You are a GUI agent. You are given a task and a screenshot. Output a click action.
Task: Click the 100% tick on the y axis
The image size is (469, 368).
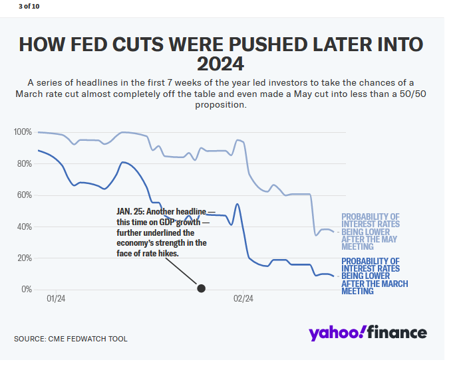pos(23,132)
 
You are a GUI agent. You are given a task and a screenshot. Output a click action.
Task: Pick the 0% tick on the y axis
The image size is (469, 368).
pos(25,290)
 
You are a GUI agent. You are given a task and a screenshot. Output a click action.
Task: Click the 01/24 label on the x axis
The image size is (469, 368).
pos(56,299)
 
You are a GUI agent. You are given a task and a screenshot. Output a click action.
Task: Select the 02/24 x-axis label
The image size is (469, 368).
pos(243,299)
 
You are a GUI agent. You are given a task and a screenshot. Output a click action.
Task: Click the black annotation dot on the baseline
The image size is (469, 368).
pos(201,288)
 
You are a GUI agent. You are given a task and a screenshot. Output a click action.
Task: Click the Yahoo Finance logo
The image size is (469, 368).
pos(367,333)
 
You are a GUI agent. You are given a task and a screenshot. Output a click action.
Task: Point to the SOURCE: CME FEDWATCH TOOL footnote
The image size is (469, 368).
pos(71,339)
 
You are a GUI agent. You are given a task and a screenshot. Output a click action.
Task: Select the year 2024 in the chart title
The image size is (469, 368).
pos(220,65)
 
